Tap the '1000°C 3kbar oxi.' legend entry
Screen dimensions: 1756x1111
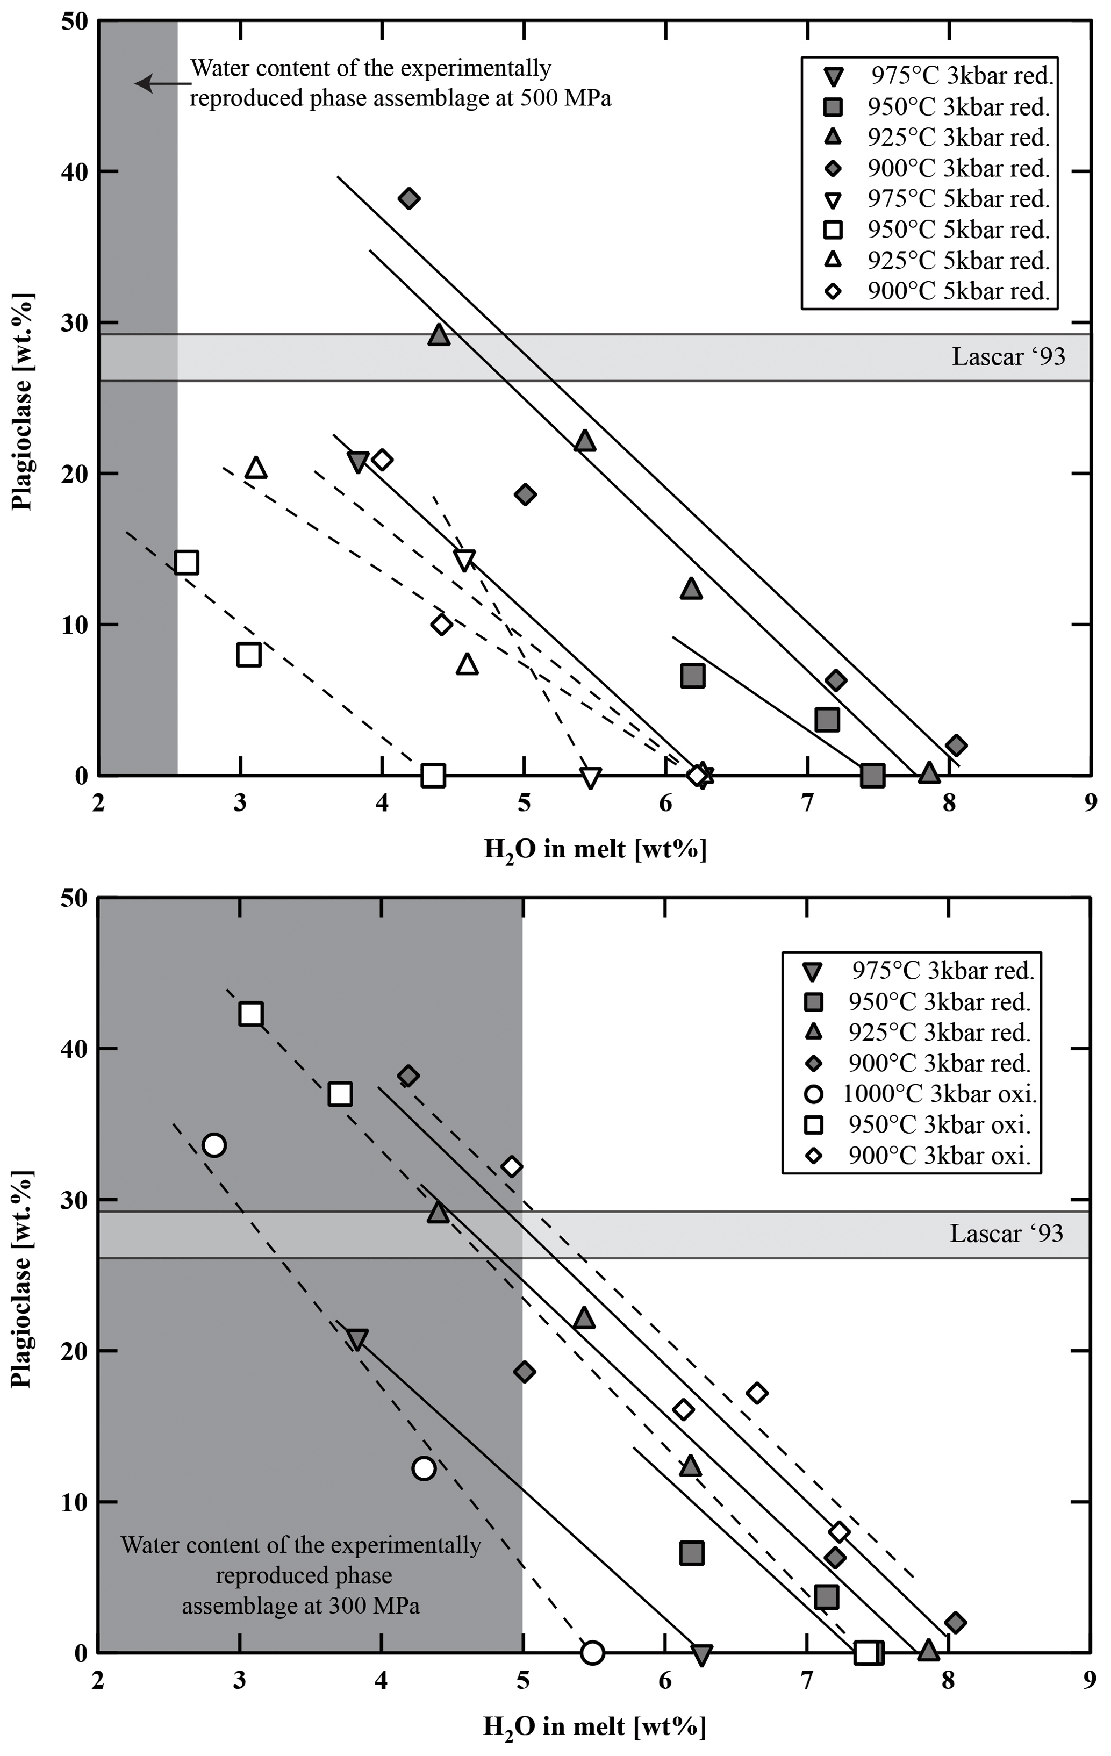(939, 1094)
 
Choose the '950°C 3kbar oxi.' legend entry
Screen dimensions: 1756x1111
(939, 1124)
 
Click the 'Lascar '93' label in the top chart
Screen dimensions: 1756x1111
(1008, 356)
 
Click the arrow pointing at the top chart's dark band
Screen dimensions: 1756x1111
(162, 83)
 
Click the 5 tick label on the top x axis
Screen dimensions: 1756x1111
(524, 803)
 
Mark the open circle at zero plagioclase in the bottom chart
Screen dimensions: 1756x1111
(592, 1652)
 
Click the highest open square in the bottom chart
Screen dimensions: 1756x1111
(251, 1014)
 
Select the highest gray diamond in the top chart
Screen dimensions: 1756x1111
(408, 198)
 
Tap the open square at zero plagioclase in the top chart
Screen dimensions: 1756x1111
(433, 775)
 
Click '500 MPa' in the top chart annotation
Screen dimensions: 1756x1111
(565, 98)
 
